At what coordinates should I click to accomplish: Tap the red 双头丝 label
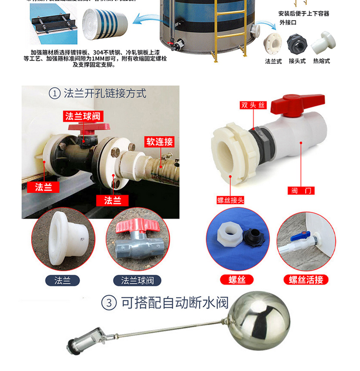(x=253, y=105)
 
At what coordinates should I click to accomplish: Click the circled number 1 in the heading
(x=55, y=93)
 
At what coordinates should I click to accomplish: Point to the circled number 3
(x=109, y=303)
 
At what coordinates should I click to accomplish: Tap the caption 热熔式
(x=322, y=61)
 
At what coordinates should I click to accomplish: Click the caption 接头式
(x=297, y=61)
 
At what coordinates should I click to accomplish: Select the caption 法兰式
(x=273, y=61)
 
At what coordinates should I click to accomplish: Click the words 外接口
(x=289, y=22)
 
